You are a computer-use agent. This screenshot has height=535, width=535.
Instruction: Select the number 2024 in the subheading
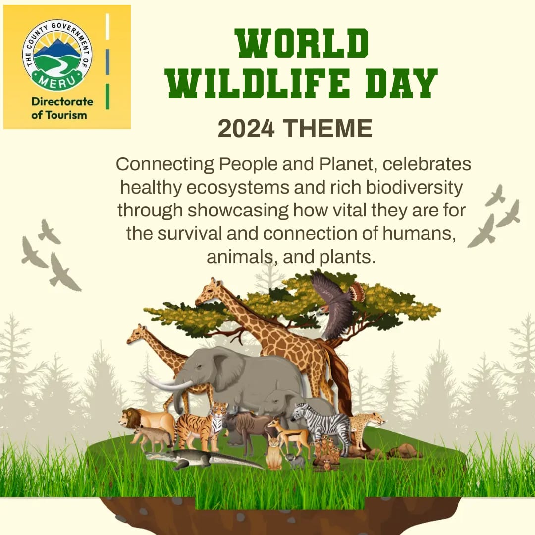coord(246,129)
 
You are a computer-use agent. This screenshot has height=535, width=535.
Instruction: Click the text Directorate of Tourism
coord(62,108)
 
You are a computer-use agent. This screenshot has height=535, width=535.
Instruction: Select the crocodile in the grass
coord(198,458)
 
